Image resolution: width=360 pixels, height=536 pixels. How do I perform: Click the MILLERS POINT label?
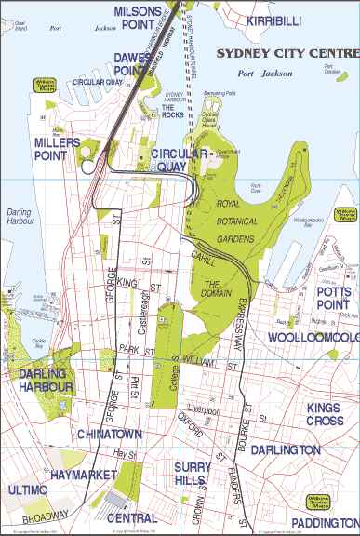pos(63,150)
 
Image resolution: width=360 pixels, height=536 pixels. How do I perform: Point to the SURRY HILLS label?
pos(197,473)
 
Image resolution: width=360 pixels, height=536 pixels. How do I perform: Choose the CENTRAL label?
pos(131,518)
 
